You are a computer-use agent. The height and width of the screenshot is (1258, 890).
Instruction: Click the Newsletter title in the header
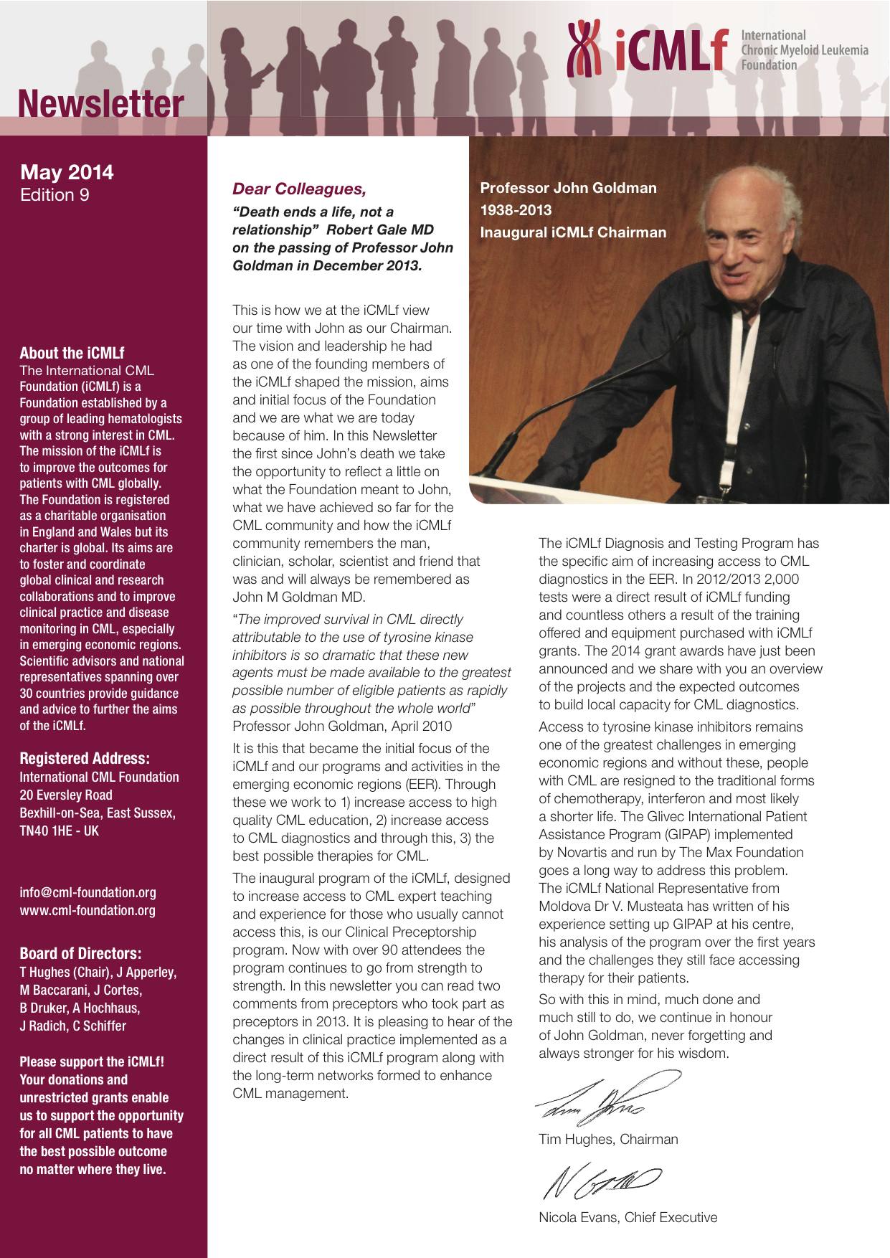(x=101, y=105)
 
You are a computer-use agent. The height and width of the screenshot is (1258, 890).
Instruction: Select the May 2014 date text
(x=67, y=172)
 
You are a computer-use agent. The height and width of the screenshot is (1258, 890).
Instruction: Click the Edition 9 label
(x=55, y=195)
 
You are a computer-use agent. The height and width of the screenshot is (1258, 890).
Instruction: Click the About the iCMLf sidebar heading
(x=72, y=353)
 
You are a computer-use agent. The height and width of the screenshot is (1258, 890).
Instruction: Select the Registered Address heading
(x=85, y=759)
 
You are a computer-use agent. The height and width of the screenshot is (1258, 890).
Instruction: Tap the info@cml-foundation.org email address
(x=87, y=893)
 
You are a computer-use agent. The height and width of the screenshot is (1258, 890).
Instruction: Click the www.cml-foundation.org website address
(x=87, y=911)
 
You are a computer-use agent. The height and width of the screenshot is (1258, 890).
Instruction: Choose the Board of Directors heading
(x=80, y=954)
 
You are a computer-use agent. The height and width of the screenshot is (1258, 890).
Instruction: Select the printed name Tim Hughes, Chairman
(x=608, y=1139)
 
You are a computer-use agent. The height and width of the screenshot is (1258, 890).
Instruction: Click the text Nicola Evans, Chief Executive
(x=628, y=1217)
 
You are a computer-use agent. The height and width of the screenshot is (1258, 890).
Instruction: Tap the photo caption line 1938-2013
(x=516, y=210)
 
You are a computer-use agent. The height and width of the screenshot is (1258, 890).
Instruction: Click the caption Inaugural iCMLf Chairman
(x=573, y=232)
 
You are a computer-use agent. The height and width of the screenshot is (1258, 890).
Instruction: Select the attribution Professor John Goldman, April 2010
(x=342, y=726)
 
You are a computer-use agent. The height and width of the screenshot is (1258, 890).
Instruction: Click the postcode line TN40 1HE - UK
(x=60, y=831)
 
